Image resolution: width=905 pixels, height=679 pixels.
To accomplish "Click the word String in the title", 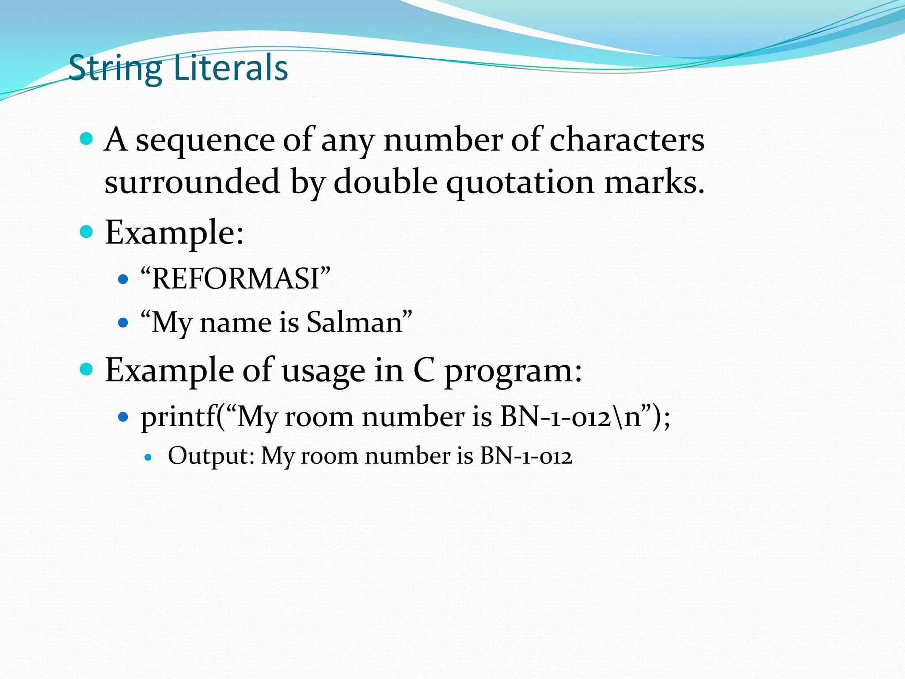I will [116, 69].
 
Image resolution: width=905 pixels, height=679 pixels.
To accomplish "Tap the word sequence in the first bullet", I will [205, 141].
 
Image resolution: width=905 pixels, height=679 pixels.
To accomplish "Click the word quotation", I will [520, 183].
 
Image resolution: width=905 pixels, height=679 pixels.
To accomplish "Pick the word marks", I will [654, 182].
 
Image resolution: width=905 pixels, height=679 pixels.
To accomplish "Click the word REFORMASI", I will [235, 279].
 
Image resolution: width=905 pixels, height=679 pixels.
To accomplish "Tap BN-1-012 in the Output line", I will [526, 456].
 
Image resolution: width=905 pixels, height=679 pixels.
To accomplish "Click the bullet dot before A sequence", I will [87, 139].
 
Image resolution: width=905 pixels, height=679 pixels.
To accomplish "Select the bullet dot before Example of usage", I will [87, 369].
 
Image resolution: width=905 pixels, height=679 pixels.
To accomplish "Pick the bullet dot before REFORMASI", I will [123, 279].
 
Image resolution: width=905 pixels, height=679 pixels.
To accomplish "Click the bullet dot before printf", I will [123, 416].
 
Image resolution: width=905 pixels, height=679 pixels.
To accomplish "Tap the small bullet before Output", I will [148, 457].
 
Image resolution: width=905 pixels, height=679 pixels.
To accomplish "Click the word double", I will [385, 182].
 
